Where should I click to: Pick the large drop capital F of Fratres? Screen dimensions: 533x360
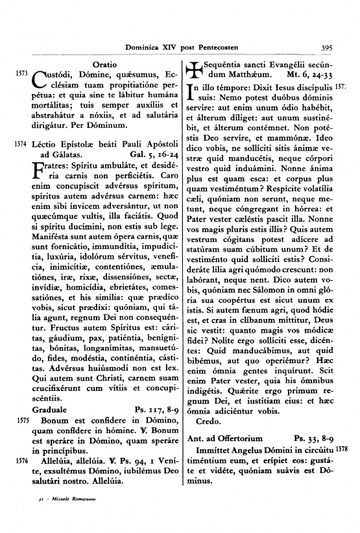(38, 171)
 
